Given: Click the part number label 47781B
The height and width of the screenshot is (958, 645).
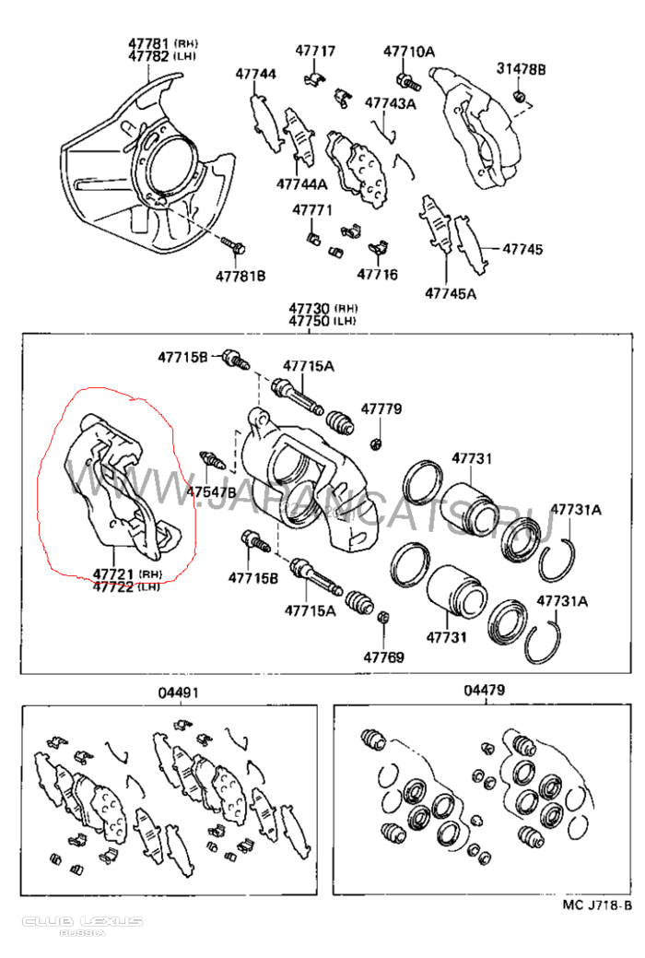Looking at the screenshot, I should click(x=240, y=276).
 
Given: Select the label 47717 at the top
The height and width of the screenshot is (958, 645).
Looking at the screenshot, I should click(x=315, y=52).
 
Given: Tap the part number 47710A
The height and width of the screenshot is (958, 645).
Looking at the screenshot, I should click(x=409, y=52).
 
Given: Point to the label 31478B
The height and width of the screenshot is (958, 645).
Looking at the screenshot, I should click(x=522, y=69).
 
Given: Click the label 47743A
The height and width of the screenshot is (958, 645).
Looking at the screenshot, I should click(x=390, y=103).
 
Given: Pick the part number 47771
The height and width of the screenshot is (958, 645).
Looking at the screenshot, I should click(x=312, y=210).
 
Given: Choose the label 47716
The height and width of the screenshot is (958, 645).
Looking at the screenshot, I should click(x=377, y=274).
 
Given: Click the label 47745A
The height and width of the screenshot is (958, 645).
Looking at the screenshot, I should click(x=451, y=294).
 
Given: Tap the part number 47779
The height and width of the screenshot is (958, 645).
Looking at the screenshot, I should click(x=381, y=408).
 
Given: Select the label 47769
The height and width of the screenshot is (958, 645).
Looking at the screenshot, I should click(x=382, y=657).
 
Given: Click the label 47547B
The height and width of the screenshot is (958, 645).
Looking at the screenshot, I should click(x=212, y=491).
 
